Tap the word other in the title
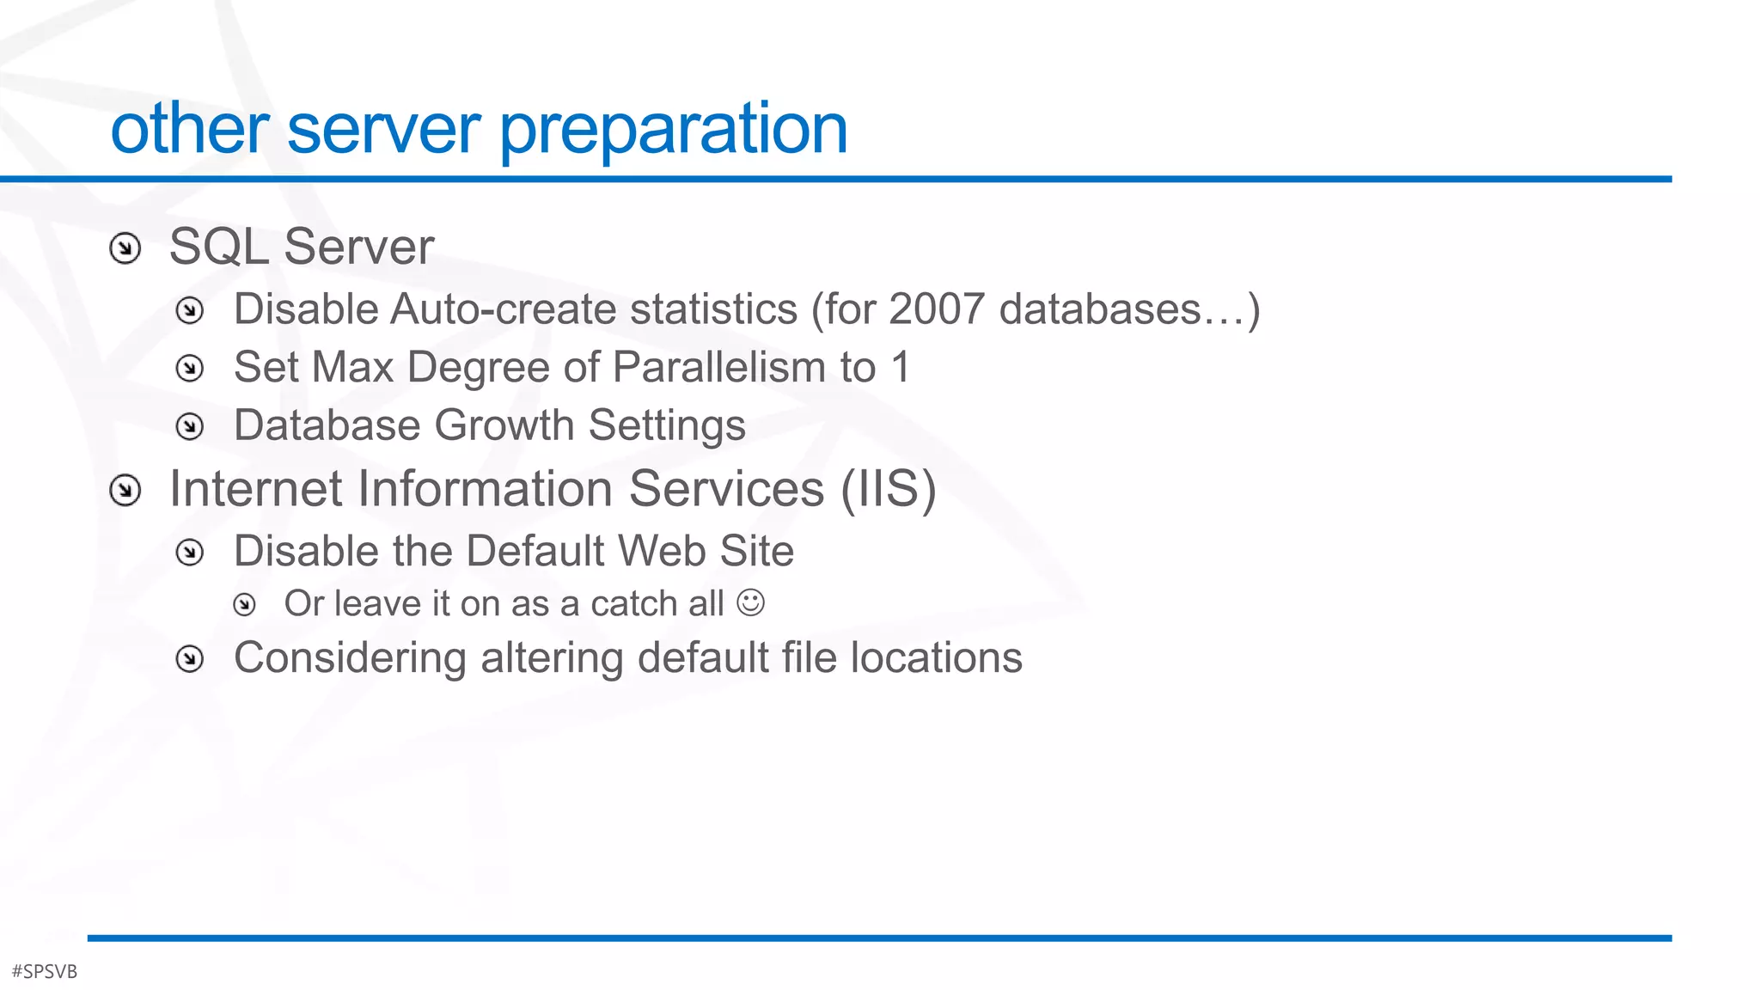pyautogui.click(x=190, y=129)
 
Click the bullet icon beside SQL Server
pyautogui.click(x=125, y=249)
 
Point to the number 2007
pyautogui.click(x=936, y=309)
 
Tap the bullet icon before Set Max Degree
pyautogui.click(x=189, y=369)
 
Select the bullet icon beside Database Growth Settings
pyautogui.click(x=189, y=426)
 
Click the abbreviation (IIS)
pyautogui.click(x=888, y=489)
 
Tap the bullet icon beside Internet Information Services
pyautogui.click(x=125, y=491)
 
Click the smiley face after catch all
pyautogui.click(x=750, y=602)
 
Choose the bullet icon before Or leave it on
pyautogui.click(x=245, y=605)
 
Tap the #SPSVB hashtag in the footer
pyautogui.click(x=45, y=971)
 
